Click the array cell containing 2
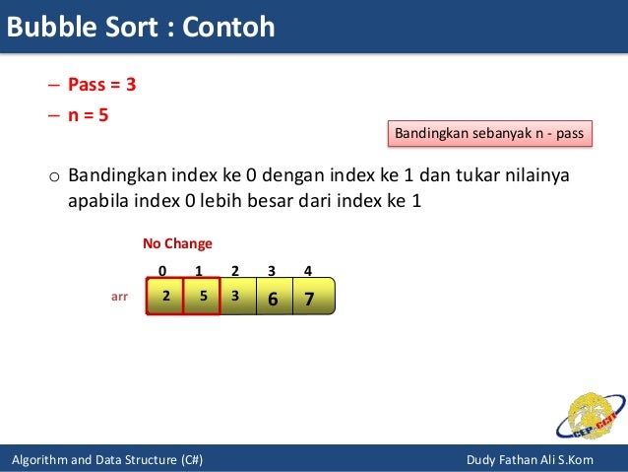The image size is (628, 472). pos(165,296)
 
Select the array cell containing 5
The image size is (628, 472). pos(201,296)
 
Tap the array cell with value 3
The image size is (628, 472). pos(235,296)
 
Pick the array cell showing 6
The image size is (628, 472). pos(273,297)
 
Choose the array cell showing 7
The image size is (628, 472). pos(310,297)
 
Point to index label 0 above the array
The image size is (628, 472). pos(162,270)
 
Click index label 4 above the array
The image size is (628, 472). pos(308,270)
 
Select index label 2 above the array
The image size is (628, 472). pos(235,270)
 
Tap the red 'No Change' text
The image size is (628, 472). pos(177,243)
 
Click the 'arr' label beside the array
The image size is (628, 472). pos(119,295)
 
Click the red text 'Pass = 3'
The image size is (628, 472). pos(101,85)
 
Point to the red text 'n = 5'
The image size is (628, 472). pos(88,114)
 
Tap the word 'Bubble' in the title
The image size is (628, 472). pos(49,27)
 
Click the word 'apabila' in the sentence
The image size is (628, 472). pos(96,202)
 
